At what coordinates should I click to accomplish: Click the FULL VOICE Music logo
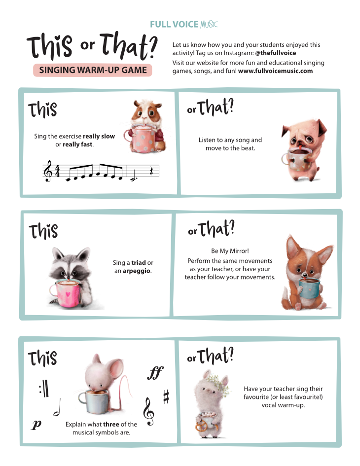[x=183, y=24]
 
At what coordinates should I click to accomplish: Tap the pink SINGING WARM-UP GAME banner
[x=92, y=70]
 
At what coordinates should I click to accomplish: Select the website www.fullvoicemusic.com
[x=275, y=71]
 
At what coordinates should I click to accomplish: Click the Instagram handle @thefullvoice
[x=276, y=53]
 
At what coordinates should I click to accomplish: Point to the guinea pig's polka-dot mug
[x=141, y=138]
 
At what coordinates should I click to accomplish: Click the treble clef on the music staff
[x=48, y=171]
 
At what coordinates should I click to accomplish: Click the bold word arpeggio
[x=137, y=271]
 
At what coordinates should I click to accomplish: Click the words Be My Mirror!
[x=230, y=251]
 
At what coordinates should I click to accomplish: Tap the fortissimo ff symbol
[x=155, y=373]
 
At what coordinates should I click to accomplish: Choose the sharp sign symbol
[x=166, y=397]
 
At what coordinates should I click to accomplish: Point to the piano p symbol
[x=36, y=425]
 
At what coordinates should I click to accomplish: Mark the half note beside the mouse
[x=57, y=407]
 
